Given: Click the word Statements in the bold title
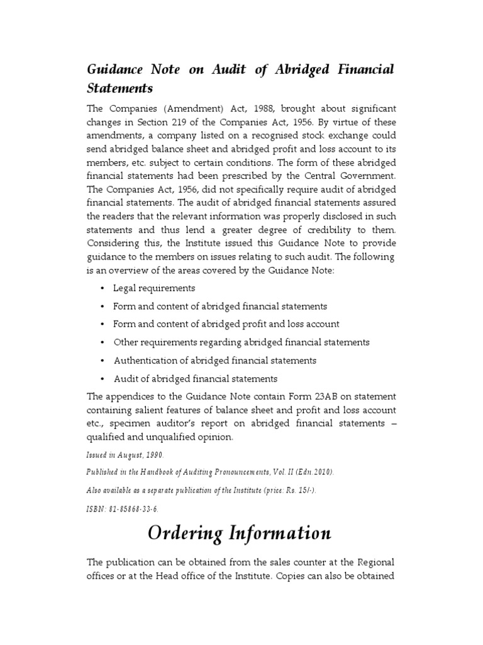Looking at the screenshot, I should [119, 88].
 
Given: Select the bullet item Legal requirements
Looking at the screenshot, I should [154, 288].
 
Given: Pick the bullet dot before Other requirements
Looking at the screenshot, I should [102, 343].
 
